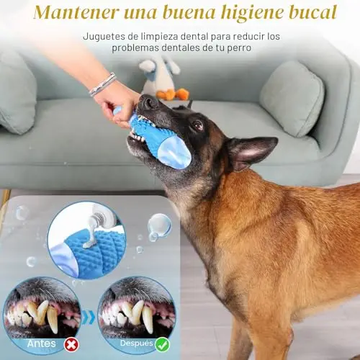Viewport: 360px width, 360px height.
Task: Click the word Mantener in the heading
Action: click(x=76, y=12)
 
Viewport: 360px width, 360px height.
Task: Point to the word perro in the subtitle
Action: click(x=239, y=48)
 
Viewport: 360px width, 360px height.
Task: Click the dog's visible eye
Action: click(x=198, y=125)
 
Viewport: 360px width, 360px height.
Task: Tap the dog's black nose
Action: click(x=148, y=102)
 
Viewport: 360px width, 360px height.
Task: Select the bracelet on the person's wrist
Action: click(x=103, y=84)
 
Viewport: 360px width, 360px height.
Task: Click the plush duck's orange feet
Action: click(x=172, y=94)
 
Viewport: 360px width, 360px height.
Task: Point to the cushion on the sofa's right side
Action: click(x=292, y=99)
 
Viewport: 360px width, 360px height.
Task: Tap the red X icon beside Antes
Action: click(x=71, y=345)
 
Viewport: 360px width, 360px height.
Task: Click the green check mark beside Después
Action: click(x=163, y=345)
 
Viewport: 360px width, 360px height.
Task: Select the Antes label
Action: click(x=42, y=343)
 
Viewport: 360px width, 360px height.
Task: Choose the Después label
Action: click(x=137, y=343)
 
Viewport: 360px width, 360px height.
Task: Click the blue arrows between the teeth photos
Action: click(x=89, y=318)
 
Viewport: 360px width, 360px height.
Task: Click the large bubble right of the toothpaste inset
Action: click(x=159, y=225)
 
